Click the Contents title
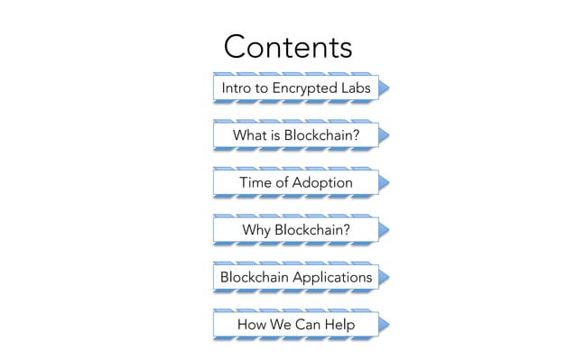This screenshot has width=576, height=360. click(x=287, y=47)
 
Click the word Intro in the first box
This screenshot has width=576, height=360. click(x=237, y=88)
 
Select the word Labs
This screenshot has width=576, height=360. click(x=353, y=88)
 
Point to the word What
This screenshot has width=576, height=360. click(x=250, y=135)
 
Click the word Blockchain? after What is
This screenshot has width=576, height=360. click(x=322, y=135)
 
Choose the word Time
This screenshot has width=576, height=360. click(x=257, y=183)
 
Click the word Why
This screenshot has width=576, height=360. click(x=257, y=230)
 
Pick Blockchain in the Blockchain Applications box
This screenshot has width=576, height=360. click(x=258, y=277)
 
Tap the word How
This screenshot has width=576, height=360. click(x=253, y=324)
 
